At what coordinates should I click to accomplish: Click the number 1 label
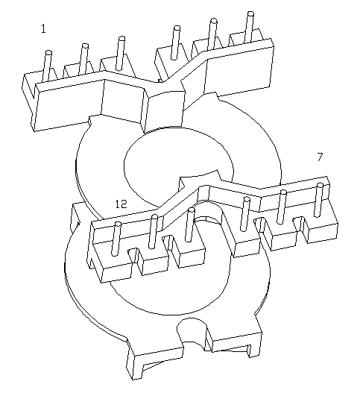click(x=43, y=29)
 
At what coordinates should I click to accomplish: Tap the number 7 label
click(x=320, y=157)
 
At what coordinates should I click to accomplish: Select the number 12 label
click(x=121, y=204)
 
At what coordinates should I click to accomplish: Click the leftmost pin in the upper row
click(x=47, y=66)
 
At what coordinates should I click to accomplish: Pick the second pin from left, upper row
click(x=83, y=59)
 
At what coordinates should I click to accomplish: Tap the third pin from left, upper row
click(x=120, y=53)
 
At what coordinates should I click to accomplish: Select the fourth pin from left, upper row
click(x=175, y=43)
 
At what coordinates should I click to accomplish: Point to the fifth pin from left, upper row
click(x=212, y=34)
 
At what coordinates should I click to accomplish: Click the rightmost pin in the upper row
click(x=249, y=28)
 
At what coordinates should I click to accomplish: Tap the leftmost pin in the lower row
click(x=116, y=239)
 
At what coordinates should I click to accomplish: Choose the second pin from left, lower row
click(x=153, y=232)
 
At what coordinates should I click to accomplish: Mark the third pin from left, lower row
click(x=189, y=224)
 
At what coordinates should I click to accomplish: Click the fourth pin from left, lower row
click(x=244, y=214)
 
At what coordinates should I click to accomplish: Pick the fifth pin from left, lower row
click(x=282, y=207)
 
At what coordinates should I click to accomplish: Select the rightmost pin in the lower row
click(x=318, y=200)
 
